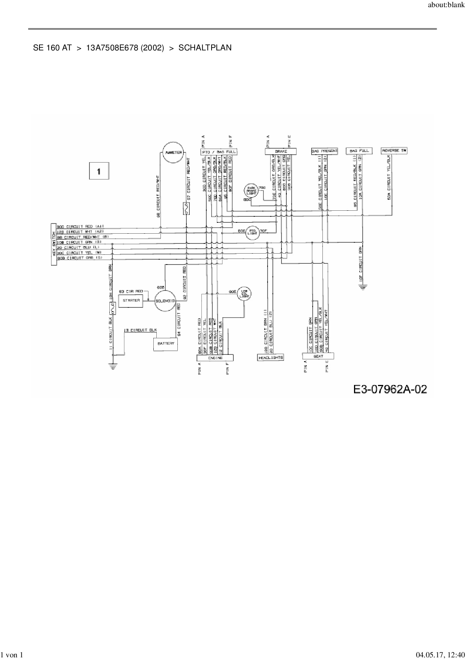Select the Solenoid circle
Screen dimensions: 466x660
pos(165,301)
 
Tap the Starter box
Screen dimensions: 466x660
pos(131,301)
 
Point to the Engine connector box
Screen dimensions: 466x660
pos(215,358)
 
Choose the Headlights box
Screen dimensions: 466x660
pos(271,357)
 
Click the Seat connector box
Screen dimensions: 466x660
pos(318,356)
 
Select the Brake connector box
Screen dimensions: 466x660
pos(281,151)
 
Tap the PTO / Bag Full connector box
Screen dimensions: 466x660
pos(219,152)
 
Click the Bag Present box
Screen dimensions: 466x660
pos(325,151)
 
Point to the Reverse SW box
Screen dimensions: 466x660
pos(394,151)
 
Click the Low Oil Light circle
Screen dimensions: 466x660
pos(245,294)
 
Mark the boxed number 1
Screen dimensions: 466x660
pos(99,171)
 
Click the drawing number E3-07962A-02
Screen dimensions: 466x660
pos(390,389)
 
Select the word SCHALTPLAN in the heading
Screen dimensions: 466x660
pos(205,48)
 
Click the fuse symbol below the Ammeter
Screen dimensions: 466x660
pos(186,208)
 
